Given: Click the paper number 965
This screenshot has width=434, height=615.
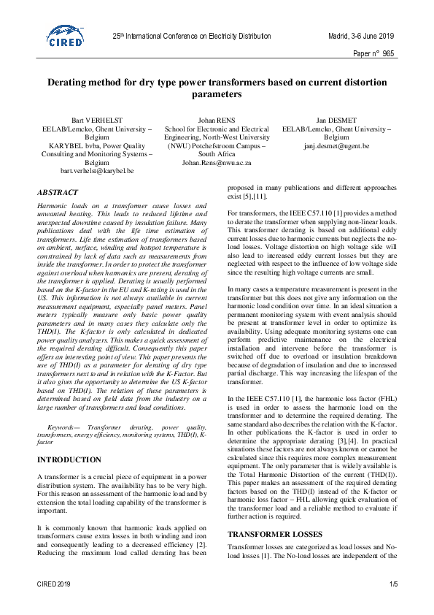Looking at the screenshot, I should point(387,53).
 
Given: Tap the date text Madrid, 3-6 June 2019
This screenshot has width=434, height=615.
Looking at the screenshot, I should point(360,35).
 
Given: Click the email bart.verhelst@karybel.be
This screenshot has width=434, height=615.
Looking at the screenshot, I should point(96,170).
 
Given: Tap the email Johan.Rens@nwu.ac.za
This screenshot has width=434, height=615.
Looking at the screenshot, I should point(217,162).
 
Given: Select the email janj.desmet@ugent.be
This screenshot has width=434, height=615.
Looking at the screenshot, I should point(337,145).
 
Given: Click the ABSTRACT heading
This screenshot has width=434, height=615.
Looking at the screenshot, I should point(58,193).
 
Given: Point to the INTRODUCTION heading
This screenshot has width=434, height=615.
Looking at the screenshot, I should point(69,460).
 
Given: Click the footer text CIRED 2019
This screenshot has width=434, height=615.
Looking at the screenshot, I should point(54,584).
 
